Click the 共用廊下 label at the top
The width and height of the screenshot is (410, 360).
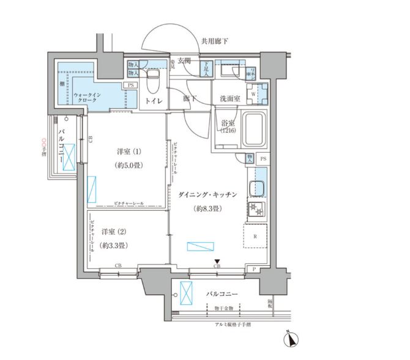coord(214,41)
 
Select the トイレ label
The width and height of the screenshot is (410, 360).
coord(153,100)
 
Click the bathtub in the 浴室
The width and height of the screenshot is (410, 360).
coord(252,130)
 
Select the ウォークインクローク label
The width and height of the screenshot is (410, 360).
coord(88,99)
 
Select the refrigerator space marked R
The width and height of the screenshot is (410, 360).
coord(255,235)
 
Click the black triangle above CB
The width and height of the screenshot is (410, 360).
coord(217,259)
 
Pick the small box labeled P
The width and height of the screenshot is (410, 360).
coord(254,269)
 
